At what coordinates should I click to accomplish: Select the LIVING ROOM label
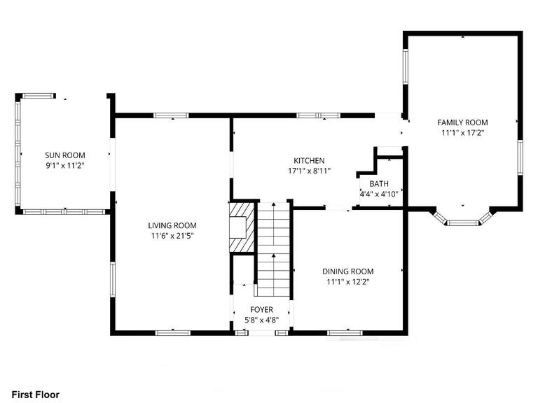pos(172,225)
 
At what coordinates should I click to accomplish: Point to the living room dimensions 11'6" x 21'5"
pos(172,236)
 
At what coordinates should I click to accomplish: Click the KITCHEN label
pos(309,160)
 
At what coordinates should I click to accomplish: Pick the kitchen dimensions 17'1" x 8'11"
pos(309,171)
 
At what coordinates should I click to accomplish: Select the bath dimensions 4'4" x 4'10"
pos(378,195)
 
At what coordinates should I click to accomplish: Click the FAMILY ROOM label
pos(462,122)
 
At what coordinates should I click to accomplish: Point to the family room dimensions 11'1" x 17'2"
pos(462,133)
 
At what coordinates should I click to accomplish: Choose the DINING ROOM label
pos(347,271)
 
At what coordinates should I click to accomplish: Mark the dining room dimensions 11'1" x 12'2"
pos(347,282)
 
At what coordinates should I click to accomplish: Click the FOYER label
pos(262,309)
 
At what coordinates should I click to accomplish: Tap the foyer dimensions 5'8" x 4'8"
pos(262,320)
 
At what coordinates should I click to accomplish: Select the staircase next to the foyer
pos(273,245)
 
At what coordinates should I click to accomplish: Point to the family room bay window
pos(463,222)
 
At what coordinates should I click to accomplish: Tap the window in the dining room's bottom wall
pos(344,332)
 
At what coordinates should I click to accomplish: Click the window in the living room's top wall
pos(171,115)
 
